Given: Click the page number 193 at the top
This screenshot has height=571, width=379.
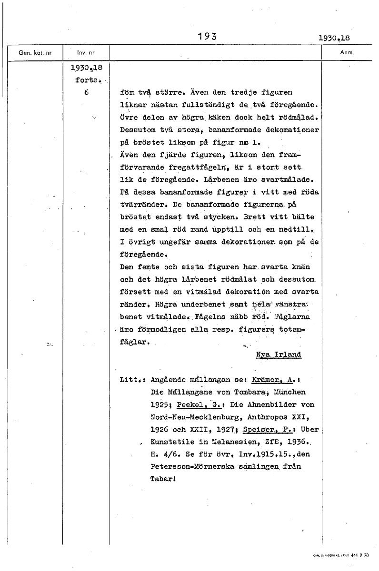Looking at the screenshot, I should [x=207, y=36].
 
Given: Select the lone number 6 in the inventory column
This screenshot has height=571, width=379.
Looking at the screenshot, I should [x=86, y=92].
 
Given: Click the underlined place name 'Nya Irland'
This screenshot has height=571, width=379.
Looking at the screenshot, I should [x=279, y=354].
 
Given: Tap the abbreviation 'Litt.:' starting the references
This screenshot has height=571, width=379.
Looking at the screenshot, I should [x=133, y=380].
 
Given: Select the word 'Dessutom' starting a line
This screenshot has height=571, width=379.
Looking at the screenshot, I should [x=139, y=130].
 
